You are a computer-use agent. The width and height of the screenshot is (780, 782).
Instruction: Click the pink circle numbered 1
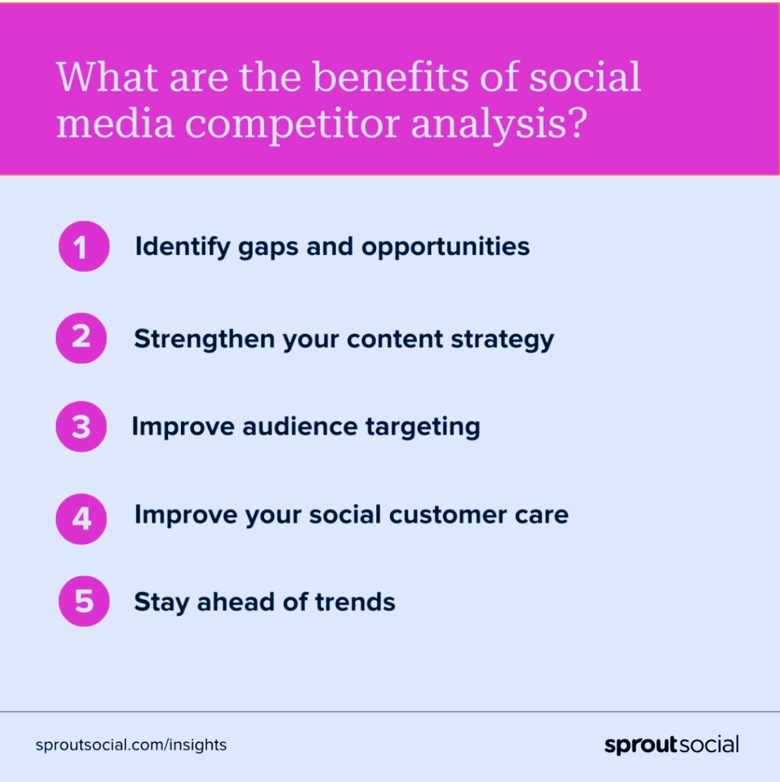point(84,246)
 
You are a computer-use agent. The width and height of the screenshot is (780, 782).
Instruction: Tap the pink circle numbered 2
point(81,338)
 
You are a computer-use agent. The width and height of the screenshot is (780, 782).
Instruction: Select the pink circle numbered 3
point(81,427)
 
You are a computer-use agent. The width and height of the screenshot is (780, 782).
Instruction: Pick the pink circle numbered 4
point(81,519)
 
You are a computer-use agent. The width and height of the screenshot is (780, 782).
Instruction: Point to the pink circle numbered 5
point(84,601)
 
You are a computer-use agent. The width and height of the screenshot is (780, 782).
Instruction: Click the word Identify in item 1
point(183,247)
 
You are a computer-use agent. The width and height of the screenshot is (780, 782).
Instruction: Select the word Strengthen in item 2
point(204,339)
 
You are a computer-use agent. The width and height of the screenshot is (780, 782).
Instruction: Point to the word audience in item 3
point(300,427)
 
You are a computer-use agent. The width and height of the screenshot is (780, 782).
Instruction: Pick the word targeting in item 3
point(423,427)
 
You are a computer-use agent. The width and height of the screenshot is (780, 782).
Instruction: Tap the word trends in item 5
point(355,602)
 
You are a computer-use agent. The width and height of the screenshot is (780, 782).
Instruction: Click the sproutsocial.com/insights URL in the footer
point(131,745)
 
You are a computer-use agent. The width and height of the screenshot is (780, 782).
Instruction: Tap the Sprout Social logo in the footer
point(671,745)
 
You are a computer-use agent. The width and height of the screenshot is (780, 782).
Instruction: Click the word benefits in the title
point(391,77)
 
